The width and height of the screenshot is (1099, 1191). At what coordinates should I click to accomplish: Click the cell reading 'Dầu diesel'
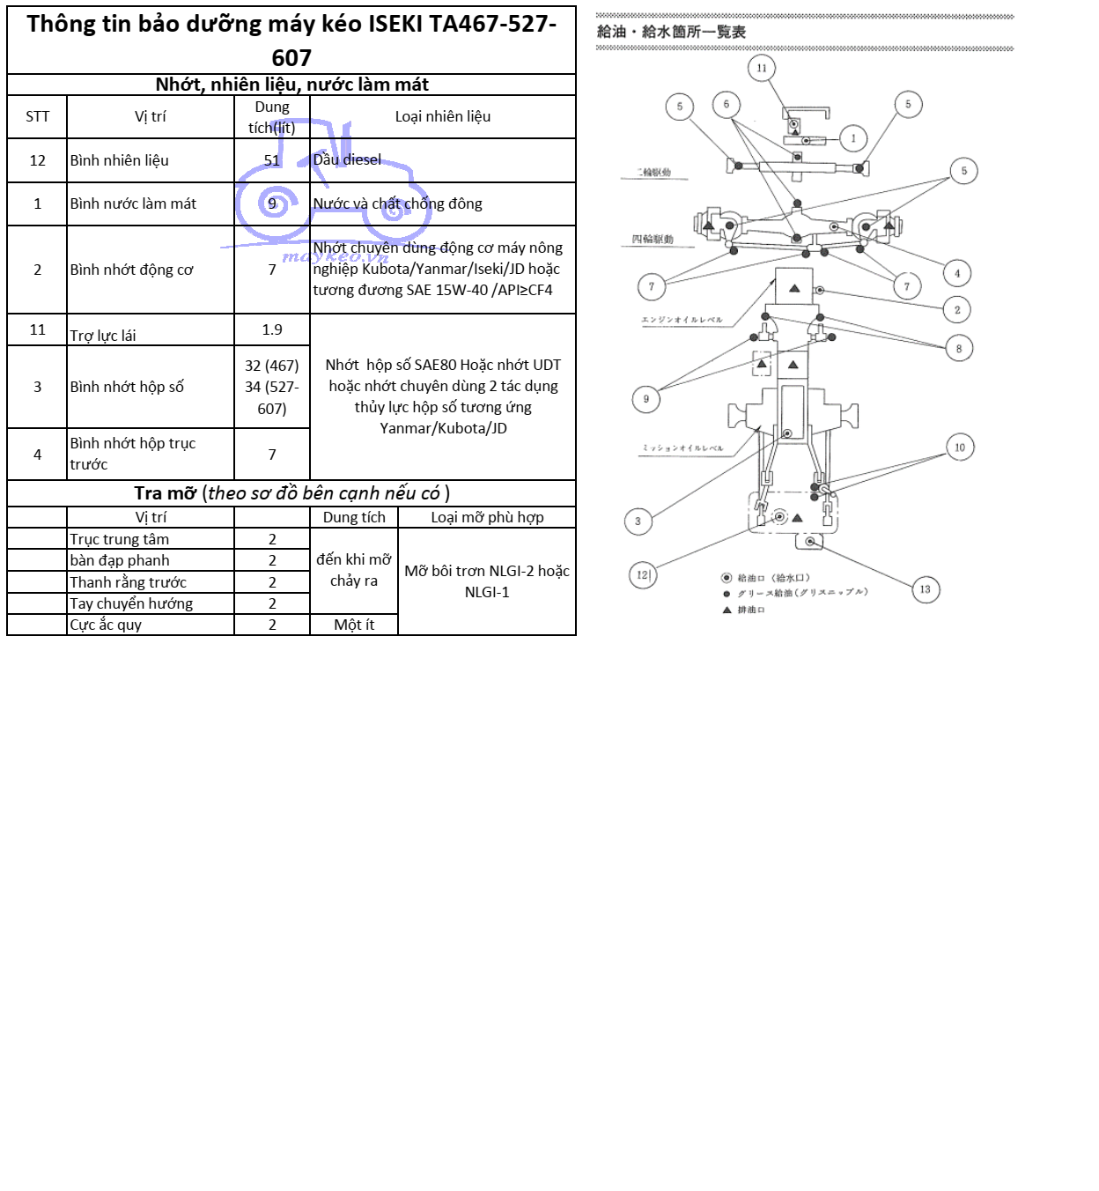tap(348, 159)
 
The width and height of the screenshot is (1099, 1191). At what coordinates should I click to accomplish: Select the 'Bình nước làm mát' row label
tap(133, 203)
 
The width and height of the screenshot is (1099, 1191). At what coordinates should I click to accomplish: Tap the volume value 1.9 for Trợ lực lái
tap(272, 329)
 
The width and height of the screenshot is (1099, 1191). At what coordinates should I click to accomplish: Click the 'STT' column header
tap(37, 116)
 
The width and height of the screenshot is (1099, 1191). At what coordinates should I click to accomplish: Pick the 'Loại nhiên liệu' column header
tap(442, 116)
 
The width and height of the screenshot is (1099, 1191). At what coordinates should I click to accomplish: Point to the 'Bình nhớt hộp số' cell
tap(127, 387)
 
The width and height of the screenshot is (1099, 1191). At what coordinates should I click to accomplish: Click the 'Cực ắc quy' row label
tap(106, 625)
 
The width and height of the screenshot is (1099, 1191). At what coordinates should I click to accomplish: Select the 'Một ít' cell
tap(354, 625)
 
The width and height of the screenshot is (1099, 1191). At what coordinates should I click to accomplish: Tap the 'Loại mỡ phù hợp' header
tap(487, 517)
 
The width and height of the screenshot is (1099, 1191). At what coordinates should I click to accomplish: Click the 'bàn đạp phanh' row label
tap(120, 560)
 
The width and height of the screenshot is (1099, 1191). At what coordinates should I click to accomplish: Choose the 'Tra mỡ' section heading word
tap(165, 493)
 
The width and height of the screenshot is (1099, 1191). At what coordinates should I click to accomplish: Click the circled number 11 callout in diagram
tap(762, 68)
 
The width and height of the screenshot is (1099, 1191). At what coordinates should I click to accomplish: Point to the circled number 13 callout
tap(925, 589)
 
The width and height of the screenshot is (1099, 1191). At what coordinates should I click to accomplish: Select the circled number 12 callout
tap(643, 575)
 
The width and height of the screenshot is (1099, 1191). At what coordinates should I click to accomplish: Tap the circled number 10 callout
tap(960, 448)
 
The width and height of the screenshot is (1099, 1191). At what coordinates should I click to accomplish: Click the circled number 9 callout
tap(646, 399)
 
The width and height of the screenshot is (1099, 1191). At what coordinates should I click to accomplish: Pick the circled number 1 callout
tap(853, 138)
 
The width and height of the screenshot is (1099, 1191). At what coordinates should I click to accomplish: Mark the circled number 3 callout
tap(638, 521)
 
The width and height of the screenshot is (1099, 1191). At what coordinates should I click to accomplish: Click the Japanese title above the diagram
tap(671, 32)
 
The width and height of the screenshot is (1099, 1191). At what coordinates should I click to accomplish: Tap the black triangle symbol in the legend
tap(727, 610)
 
